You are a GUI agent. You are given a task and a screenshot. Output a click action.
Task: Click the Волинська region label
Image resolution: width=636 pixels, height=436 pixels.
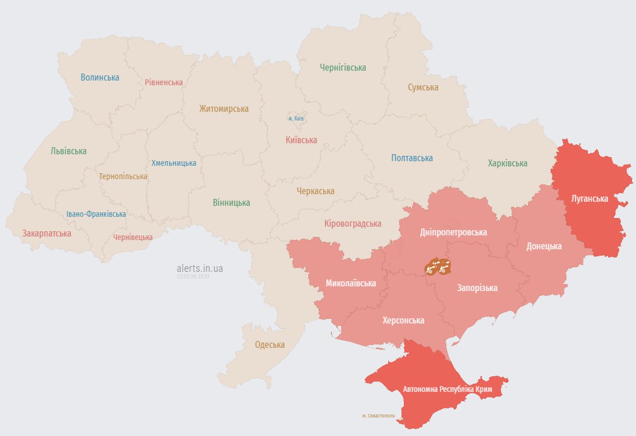[x=100, y=77]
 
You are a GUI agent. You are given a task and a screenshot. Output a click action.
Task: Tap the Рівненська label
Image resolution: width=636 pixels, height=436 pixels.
[x=164, y=82]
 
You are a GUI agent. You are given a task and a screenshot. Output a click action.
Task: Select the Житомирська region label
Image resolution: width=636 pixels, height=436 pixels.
[x=223, y=109]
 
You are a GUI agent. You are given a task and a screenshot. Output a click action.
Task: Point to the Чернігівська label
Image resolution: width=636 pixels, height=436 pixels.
[x=343, y=68]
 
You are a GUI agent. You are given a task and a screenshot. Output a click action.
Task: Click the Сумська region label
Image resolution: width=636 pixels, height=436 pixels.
[x=422, y=88]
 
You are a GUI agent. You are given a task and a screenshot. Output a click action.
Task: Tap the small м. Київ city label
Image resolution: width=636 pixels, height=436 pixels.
[x=297, y=118]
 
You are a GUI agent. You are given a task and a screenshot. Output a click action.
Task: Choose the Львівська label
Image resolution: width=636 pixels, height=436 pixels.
[x=68, y=151]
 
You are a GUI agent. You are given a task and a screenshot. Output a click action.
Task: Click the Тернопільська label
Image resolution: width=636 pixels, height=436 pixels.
[x=123, y=176]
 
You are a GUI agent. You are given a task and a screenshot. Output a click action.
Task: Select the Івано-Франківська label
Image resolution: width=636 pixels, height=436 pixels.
[x=96, y=214]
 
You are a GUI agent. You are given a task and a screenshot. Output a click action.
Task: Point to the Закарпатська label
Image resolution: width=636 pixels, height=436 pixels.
[x=47, y=234]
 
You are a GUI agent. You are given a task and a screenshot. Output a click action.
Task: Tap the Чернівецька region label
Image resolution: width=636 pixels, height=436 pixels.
[x=133, y=237]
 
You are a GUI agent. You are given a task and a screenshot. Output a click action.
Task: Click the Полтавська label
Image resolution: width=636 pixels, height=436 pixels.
[x=412, y=158]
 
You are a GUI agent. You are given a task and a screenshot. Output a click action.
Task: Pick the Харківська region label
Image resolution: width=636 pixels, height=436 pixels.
[x=507, y=163]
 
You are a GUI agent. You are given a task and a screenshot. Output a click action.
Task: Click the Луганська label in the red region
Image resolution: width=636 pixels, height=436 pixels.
[x=590, y=199]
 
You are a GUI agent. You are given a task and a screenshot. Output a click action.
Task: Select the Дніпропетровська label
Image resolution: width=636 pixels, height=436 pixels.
[x=453, y=232]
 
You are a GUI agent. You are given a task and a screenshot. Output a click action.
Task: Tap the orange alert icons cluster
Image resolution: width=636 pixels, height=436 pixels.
[x=438, y=267]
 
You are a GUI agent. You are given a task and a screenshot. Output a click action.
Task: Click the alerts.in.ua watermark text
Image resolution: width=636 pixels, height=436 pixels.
[x=200, y=268]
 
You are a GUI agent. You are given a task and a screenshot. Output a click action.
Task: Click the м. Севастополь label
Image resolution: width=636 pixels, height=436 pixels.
[x=378, y=416]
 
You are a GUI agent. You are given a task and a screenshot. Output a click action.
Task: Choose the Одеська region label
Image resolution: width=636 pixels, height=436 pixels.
[x=270, y=345]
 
